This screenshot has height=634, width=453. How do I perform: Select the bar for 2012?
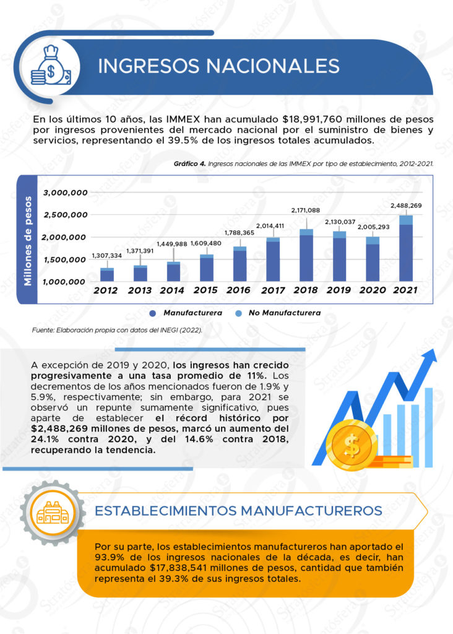(107, 274)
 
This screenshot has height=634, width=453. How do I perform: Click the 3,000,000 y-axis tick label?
(65, 193)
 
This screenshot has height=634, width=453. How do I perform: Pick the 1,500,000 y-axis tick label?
(65, 259)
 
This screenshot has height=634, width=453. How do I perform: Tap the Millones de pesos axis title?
(28, 240)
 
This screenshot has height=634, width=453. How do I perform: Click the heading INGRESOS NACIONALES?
(218, 66)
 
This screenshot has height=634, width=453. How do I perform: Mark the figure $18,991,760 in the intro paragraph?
(318, 118)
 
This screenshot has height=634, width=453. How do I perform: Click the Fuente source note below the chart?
(117, 331)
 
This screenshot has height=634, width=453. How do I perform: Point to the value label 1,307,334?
(107, 256)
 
